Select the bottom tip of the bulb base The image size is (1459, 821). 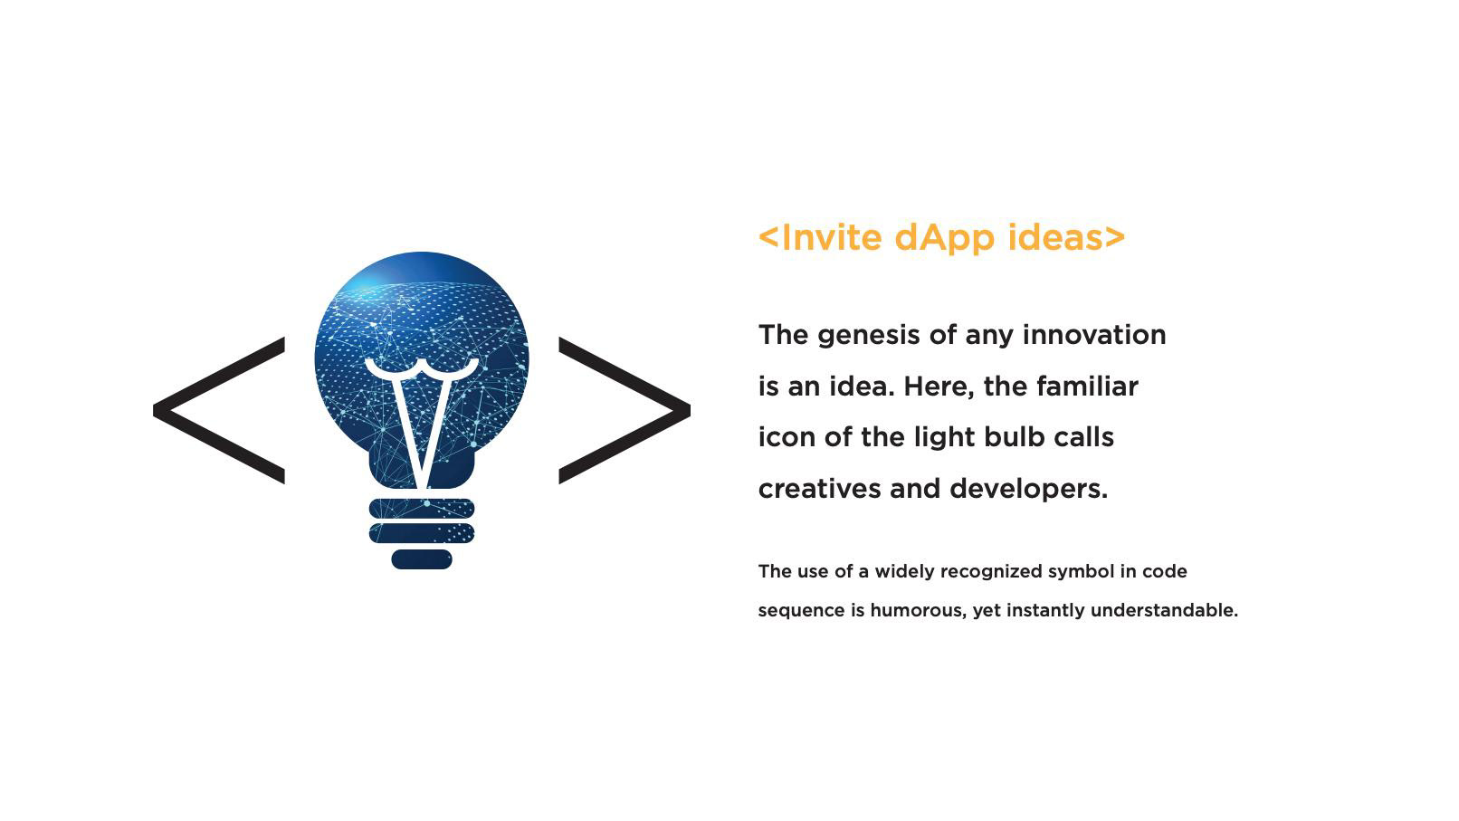422,568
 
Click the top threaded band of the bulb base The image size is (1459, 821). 422,508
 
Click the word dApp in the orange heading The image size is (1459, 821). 944,238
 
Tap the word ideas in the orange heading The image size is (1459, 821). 1055,237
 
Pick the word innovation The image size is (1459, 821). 1094,335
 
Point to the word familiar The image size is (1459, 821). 1088,387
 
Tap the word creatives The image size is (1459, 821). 819,489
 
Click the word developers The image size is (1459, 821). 1028,490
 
